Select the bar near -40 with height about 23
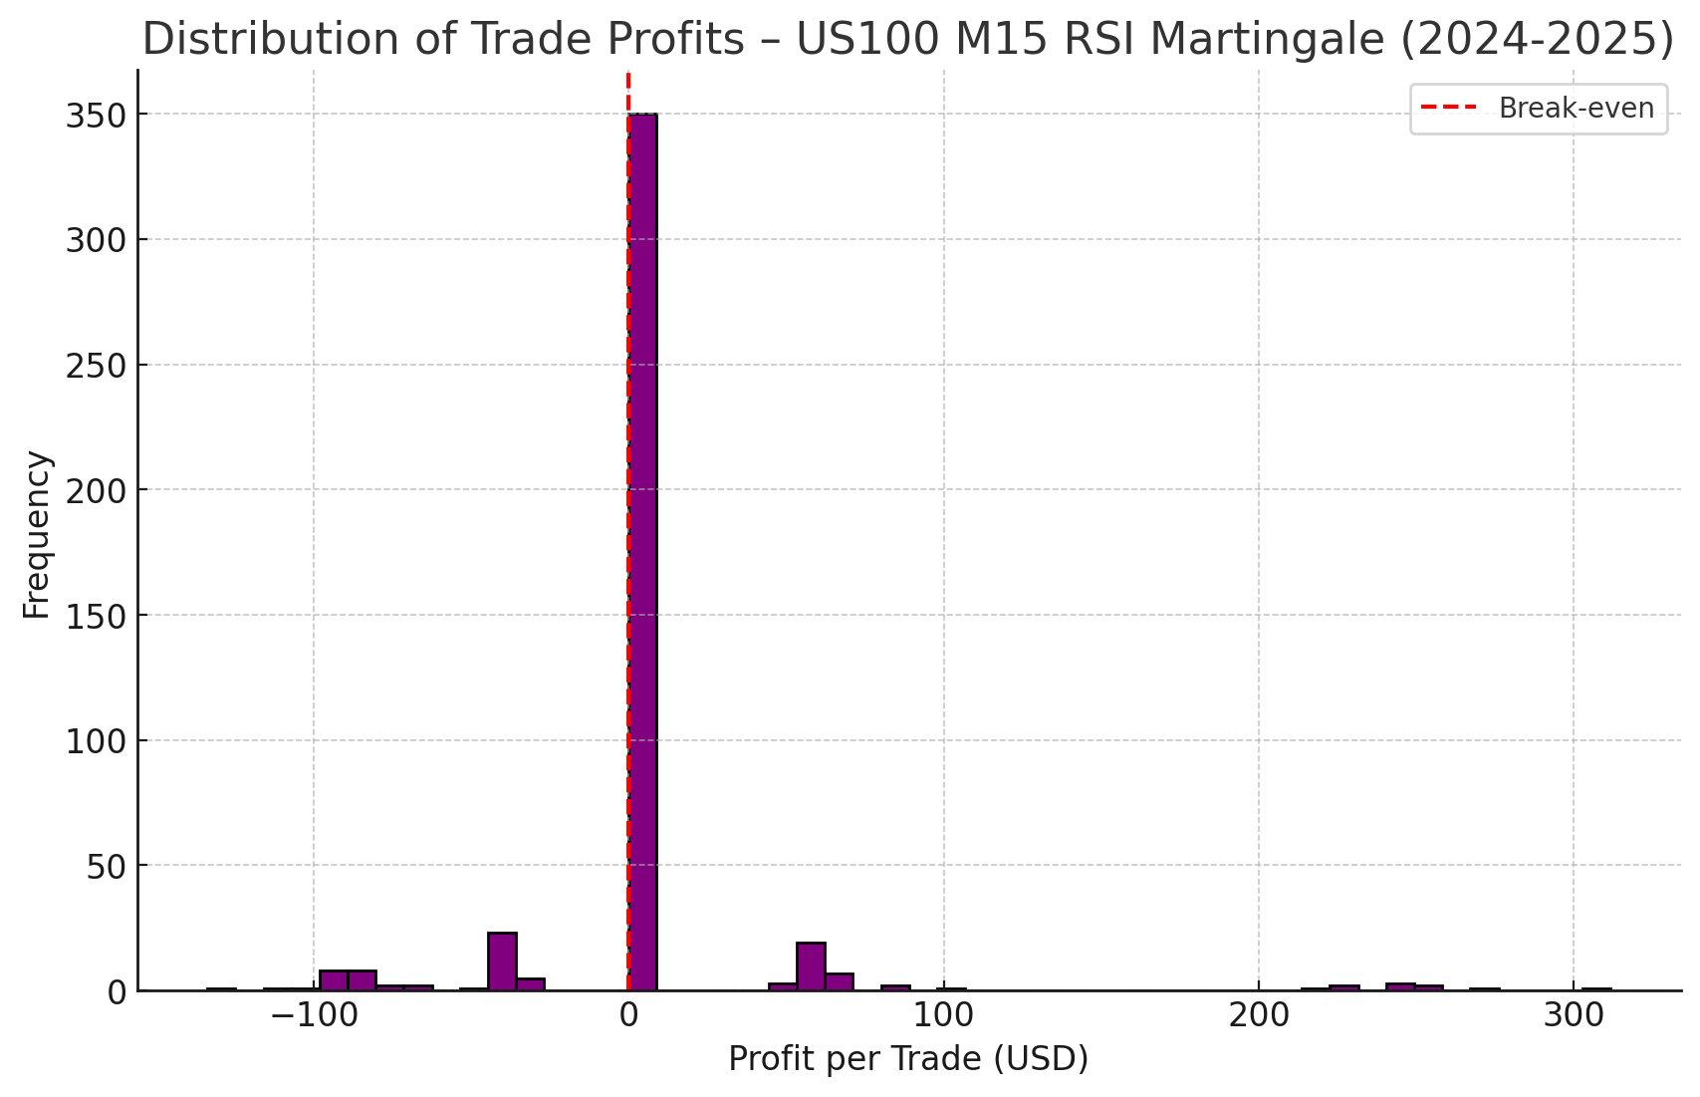tap(502, 961)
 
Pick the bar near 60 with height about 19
tap(811, 966)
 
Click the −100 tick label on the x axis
tap(313, 1016)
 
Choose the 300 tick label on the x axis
tap(1574, 1016)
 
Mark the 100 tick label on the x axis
tap(943, 1016)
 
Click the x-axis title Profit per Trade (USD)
tap(908, 1058)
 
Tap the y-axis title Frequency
tap(37, 535)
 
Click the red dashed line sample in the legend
tap(1448, 108)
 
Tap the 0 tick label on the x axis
tap(628, 1016)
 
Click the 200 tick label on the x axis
tap(1259, 1016)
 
